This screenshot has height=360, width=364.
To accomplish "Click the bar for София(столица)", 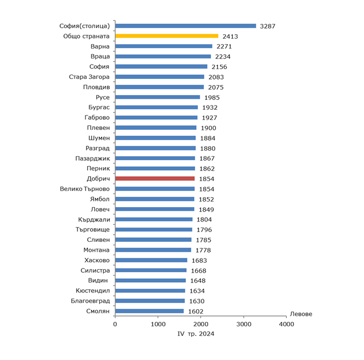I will point(186,26).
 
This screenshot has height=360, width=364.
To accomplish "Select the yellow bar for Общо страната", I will point(167,36).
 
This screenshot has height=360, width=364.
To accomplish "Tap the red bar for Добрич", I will point(155,178).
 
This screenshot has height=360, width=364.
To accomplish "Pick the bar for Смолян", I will point(149,311).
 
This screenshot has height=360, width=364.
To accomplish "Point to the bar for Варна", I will point(164,46).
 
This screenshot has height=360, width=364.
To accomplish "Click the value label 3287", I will point(268,26).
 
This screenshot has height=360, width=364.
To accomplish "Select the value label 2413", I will point(230,36).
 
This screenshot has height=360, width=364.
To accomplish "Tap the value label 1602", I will point(195,311).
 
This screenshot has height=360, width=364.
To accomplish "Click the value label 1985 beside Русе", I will point(212,98).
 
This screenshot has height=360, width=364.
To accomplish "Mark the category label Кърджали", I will point(94,219).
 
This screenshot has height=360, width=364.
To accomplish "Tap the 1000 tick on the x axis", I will point(158,324).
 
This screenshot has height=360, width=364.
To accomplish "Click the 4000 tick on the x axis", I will point(286,324).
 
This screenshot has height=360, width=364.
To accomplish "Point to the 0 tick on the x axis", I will point(115,324).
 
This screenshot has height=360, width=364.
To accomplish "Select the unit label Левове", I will point(301,314).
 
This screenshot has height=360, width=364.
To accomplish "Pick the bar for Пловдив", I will point(159,87).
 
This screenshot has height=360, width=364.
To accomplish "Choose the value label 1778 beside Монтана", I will point(202,250).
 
